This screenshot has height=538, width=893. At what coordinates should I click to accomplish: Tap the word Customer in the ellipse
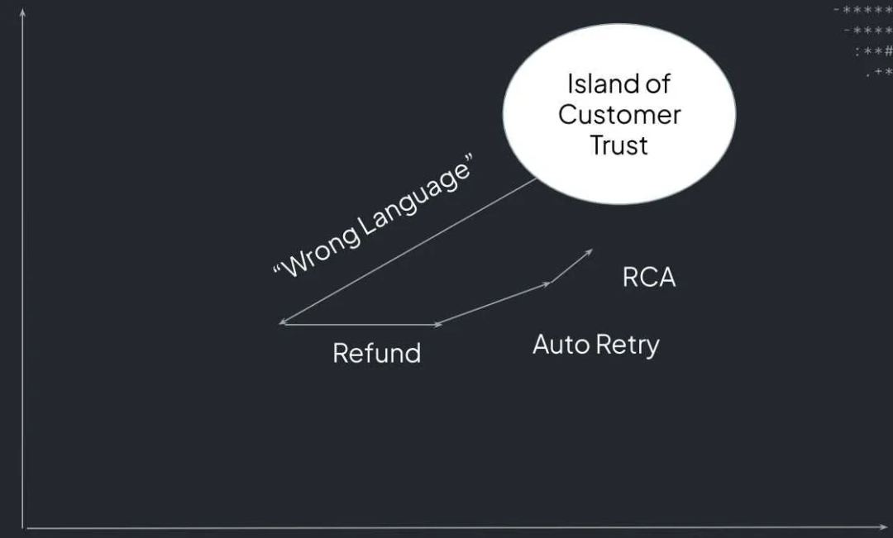tap(619, 114)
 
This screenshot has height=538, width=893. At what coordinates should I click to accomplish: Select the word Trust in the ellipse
tap(618, 145)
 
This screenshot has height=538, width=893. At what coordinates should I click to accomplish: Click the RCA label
tap(649, 278)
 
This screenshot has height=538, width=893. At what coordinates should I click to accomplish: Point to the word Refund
tap(376, 353)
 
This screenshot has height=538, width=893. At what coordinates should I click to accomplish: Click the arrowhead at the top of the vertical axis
tap(23, 12)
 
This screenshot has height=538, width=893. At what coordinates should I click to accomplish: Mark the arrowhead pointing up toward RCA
tap(589, 251)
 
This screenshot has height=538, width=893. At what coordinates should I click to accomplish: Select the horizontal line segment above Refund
tap(360, 324)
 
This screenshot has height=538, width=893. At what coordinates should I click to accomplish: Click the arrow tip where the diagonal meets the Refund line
tap(283, 323)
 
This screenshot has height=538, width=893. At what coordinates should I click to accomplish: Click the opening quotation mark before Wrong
tap(278, 272)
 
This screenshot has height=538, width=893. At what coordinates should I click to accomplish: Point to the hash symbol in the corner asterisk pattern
tap(888, 51)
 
